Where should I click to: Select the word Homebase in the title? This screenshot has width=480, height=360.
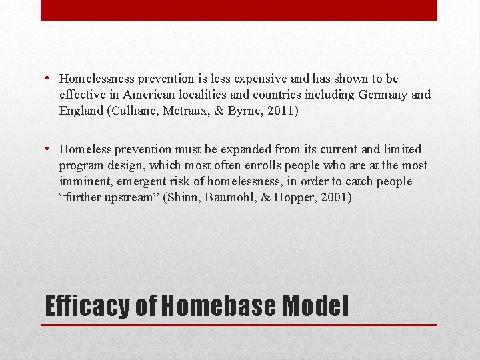(218, 306)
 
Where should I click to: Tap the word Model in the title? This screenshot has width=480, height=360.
(315, 306)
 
